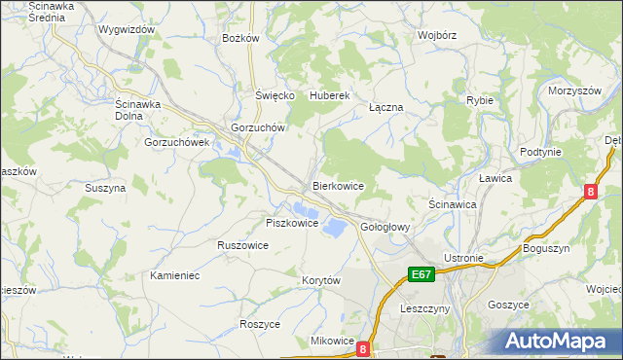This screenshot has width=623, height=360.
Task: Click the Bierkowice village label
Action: pyautogui.click(x=338, y=185)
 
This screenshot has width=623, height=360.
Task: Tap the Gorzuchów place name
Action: pyautogui.click(x=257, y=127)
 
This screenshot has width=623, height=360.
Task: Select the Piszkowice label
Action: pyautogui.click(x=293, y=223)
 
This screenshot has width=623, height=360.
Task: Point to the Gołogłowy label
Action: pyautogui.click(x=385, y=227)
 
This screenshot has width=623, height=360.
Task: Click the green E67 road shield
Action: pyautogui.click(x=421, y=275)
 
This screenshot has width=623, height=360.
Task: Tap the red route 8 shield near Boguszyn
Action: pyautogui.click(x=591, y=193)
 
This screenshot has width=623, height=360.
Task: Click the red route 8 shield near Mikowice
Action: pyautogui.click(x=363, y=347)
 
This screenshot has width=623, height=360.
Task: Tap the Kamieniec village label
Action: pyautogui.click(x=175, y=275)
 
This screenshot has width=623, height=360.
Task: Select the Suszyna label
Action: pyautogui.click(x=105, y=188)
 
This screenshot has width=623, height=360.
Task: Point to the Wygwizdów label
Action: pyautogui.click(x=127, y=29)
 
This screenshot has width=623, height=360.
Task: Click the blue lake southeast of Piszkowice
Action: pyautogui.click(x=334, y=227)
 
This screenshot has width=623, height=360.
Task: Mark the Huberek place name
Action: pyautogui.click(x=329, y=95)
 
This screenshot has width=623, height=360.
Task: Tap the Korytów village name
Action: pyautogui.click(x=320, y=280)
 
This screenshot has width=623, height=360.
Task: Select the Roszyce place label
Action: pyautogui.click(x=260, y=324)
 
